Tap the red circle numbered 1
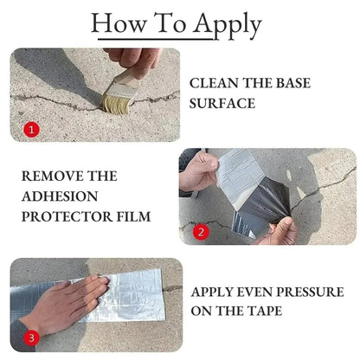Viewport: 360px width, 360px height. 32,130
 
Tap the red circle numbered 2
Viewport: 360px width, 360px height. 199,231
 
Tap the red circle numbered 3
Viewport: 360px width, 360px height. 32,338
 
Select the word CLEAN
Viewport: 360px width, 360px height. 217,83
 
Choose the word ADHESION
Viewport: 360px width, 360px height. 61,196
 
